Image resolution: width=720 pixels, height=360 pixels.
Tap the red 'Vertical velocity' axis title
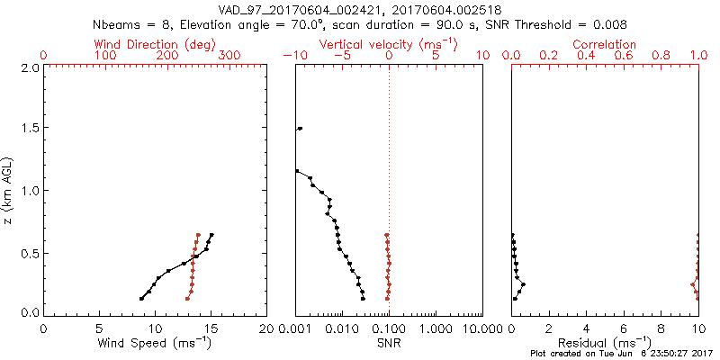click(389, 44)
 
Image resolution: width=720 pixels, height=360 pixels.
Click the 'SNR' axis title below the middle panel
click(389, 343)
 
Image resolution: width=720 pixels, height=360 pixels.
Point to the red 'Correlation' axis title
click(605, 44)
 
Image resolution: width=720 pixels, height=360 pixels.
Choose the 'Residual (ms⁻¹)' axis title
click(605, 343)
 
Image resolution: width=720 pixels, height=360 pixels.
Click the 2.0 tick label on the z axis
click(29, 67)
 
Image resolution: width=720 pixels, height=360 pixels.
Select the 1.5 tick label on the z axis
click(29, 129)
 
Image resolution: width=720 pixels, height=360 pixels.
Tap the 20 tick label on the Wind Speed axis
click(266, 328)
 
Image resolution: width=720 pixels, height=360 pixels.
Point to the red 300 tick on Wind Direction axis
click(229, 56)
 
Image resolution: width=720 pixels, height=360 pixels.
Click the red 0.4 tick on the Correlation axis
click(586, 56)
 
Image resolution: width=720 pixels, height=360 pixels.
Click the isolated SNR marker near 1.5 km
click(300, 129)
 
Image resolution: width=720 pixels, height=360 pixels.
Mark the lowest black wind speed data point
click(141, 299)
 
